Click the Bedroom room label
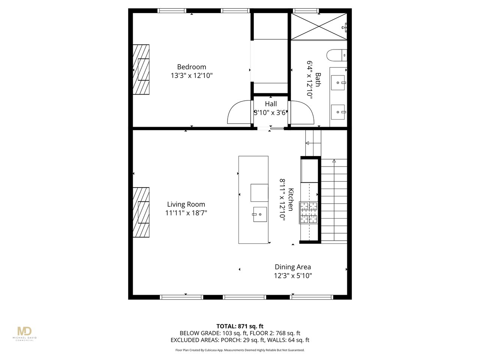(x=191, y=67)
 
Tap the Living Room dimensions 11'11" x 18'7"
(x=186, y=213)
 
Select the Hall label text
(x=271, y=104)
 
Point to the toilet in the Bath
(x=336, y=55)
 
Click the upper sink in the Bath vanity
(x=338, y=82)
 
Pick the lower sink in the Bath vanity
(x=338, y=112)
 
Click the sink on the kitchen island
(x=260, y=214)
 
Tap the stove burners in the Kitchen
(x=309, y=213)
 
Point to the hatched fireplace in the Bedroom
(x=141, y=69)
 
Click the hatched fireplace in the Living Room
(x=141, y=212)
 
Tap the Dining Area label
(x=292, y=267)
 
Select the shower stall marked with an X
(x=319, y=27)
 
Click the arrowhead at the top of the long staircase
(x=334, y=161)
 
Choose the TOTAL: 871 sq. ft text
(x=240, y=326)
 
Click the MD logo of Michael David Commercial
(x=24, y=331)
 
